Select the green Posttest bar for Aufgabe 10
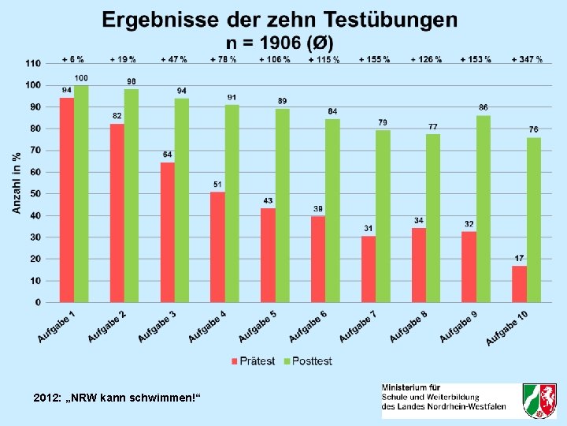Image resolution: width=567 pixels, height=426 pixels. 534,220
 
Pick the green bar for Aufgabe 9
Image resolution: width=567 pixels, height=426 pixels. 484,209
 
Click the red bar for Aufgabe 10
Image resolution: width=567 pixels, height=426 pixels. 519,284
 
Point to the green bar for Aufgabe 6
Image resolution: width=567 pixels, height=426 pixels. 332,211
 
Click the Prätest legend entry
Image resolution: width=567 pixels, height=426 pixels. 253,361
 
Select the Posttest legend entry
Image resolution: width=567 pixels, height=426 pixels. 308,361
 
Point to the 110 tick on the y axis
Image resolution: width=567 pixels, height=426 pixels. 32,63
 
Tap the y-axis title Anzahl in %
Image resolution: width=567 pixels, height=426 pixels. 17,182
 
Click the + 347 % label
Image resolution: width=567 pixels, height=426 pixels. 526,60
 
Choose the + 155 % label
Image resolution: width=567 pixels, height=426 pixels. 374,60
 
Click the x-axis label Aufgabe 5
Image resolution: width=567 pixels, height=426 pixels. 258,326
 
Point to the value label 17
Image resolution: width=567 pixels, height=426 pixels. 519,259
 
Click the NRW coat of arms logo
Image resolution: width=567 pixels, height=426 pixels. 539,401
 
